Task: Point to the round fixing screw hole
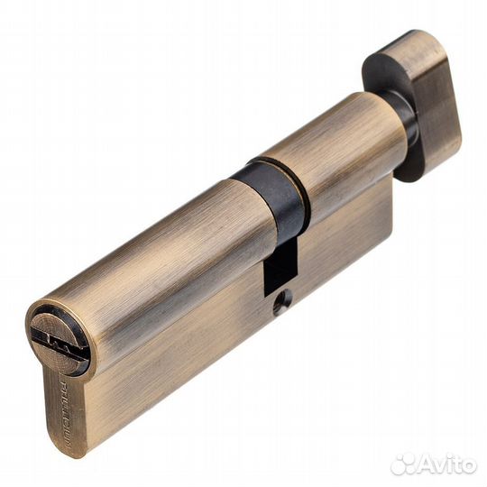[280, 306]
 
